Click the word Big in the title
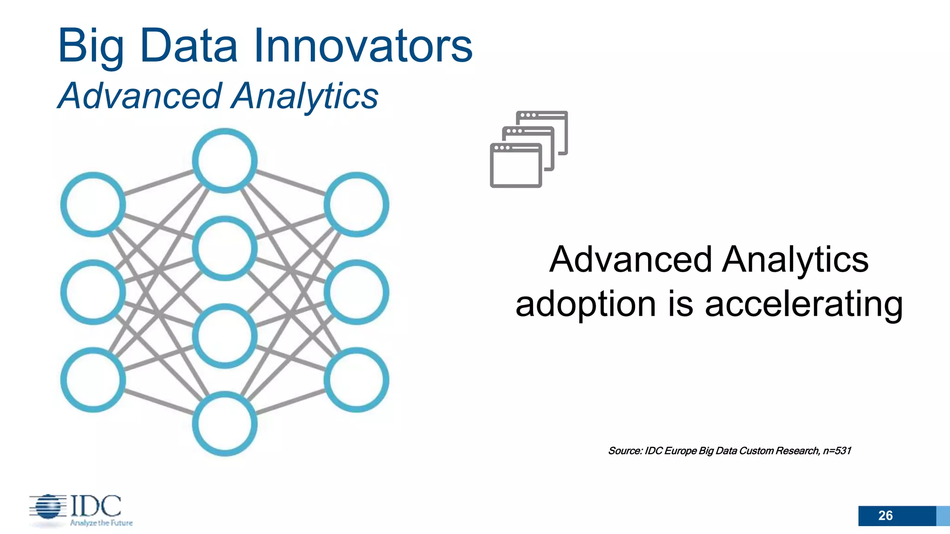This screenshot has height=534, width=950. (91, 46)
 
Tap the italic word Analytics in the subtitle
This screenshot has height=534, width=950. (305, 96)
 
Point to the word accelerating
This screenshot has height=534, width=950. (803, 304)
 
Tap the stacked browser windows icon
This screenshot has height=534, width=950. (529, 149)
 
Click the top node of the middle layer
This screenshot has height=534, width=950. (225, 160)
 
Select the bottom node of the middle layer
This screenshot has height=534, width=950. (225, 424)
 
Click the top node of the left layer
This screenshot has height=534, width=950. (93, 204)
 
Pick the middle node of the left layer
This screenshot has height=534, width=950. (93, 292)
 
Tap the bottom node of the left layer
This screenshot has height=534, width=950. (93, 380)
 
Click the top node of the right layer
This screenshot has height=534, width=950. (356, 204)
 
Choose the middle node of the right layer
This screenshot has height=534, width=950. (356, 292)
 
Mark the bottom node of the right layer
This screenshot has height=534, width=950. (356, 380)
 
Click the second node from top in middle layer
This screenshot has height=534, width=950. (225, 248)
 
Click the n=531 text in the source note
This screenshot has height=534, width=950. (837, 451)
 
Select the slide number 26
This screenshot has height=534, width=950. (885, 515)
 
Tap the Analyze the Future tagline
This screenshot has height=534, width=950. (101, 523)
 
